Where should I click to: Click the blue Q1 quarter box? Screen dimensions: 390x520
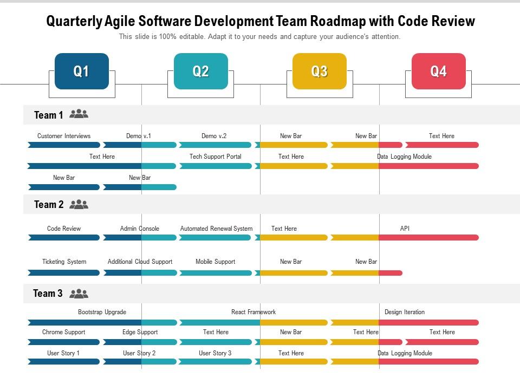click(81, 71)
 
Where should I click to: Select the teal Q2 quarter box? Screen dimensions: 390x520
click(200, 71)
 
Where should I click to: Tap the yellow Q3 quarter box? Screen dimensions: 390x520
click(319, 71)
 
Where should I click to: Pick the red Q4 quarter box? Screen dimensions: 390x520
click(438, 71)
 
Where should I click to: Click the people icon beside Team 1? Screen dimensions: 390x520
click(79, 114)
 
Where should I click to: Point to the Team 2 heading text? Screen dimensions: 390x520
click(48, 204)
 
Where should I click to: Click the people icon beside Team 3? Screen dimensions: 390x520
click(79, 294)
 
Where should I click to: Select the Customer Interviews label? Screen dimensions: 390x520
click(64, 136)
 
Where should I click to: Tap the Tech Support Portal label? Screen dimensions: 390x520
click(215, 157)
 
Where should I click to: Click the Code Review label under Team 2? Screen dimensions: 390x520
click(64, 229)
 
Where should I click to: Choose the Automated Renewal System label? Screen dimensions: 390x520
click(216, 229)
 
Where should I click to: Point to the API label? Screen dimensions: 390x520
click(405, 229)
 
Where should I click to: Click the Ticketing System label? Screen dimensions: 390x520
click(64, 262)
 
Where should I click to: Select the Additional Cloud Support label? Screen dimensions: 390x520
click(140, 262)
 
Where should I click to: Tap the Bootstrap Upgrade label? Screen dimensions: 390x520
click(102, 312)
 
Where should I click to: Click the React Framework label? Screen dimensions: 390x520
click(253, 312)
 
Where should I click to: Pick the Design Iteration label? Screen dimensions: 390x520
click(404, 312)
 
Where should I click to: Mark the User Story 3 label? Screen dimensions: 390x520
click(215, 353)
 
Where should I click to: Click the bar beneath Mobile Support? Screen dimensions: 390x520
click(216, 273)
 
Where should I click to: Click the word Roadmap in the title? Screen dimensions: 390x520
click(336, 21)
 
